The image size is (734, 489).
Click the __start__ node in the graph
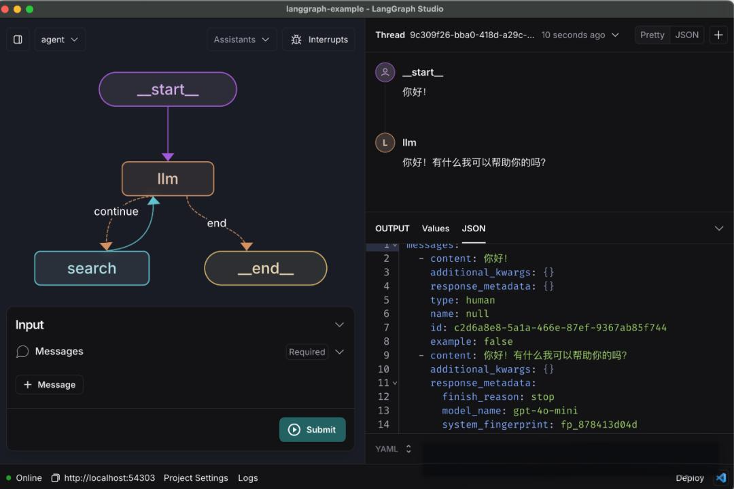[x=168, y=90]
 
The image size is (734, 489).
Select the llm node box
[x=168, y=179]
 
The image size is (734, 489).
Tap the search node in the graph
[x=92, y=269]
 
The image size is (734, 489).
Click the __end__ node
[x=266, y=269]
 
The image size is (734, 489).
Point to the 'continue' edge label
[x=116, y=212]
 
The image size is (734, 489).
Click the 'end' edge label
[x=217, y=223]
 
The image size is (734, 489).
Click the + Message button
[x=50, y=385]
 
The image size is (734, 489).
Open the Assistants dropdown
[x=241, y=39]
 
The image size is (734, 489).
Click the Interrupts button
[x=319, y=39]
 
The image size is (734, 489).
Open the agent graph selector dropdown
[x=59, y=39]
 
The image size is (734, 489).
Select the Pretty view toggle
[x=652, y=35]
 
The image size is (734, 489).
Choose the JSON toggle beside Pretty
[x=687, y=35]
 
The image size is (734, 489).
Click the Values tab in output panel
[x=436, y=229]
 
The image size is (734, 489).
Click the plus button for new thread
[x=718, y=35]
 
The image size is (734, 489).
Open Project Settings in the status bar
[x=196, y=478]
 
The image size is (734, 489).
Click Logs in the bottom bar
[x=248, y=478]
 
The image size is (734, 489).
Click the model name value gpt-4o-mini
[x=546, y=411]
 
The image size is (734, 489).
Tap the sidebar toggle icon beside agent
[x=18, y=39]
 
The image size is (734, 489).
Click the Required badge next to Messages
[x=307, y=352]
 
